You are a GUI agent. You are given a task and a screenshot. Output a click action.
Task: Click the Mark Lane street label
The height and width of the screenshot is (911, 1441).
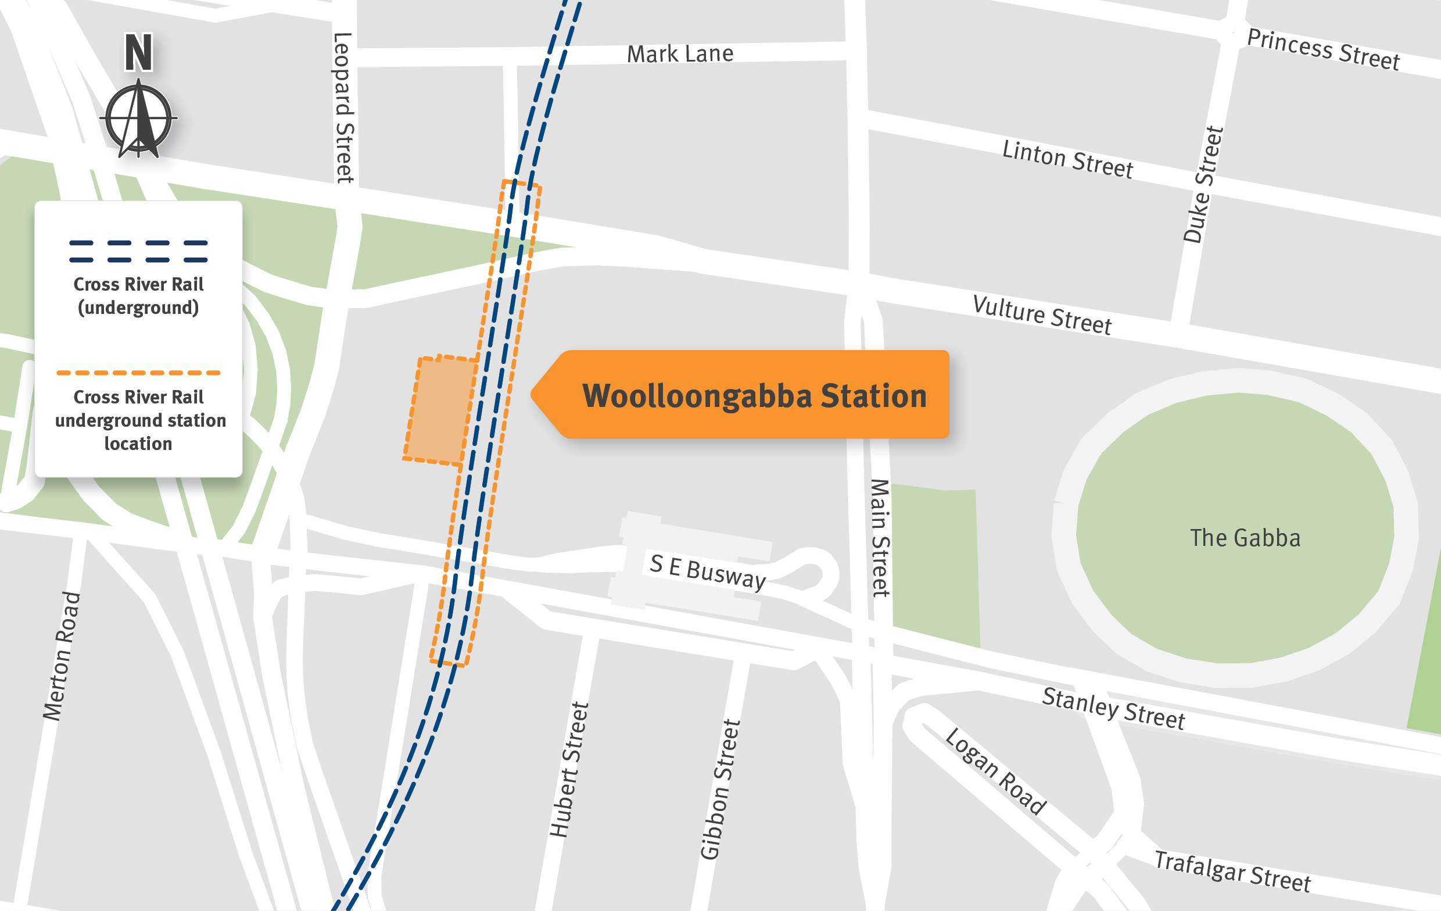click(x=680, y=54)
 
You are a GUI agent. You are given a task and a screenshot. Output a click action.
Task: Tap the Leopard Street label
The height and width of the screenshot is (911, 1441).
click(x=343, y=108)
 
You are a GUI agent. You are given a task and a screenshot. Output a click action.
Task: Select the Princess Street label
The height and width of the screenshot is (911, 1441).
click(x=1323, y=49)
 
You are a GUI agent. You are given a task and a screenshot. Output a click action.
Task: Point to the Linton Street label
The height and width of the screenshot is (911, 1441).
click(x=1067, y=159)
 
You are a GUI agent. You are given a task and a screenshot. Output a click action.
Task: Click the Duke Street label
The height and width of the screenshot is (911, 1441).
click(x=1203, y=184)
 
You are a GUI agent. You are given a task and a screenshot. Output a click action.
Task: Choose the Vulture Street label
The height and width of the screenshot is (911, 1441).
click(x=1042, y=315)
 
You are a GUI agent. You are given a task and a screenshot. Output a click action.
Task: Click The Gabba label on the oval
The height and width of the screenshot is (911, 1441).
click(x=1245, y=538)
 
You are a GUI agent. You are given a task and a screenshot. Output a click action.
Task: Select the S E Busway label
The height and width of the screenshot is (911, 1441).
click(x=707, y=572)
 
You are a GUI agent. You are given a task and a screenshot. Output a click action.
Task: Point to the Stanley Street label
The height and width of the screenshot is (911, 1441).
click(x=1113, y=709)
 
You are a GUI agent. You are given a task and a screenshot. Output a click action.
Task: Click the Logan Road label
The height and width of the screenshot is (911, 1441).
click(x=995, y=771)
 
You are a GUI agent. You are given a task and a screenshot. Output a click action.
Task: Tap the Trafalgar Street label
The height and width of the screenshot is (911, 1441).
click(x=1232, y=871)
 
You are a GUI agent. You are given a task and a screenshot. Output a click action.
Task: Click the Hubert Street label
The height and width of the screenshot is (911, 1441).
click(x=569, y=770)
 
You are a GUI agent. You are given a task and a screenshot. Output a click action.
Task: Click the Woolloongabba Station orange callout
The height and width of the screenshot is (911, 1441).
click(x=754, y=395)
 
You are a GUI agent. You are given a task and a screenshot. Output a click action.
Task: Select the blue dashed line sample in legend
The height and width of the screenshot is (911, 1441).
click(x=138, y=251)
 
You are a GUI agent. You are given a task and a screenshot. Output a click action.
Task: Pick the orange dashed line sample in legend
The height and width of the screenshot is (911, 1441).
click(x=138, y=373)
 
